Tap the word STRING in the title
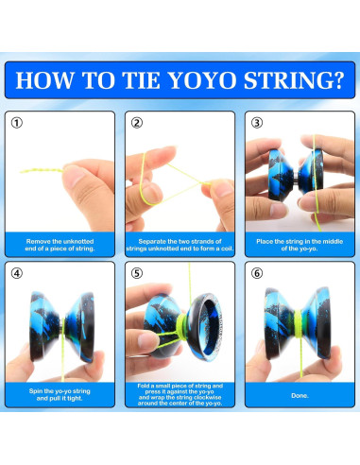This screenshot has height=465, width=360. click(x=286, y=80)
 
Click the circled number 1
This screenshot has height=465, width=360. click(x=17, y=123)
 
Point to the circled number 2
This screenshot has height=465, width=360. click(x=137, y=123)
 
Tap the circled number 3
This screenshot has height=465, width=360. click(x=257, y=123)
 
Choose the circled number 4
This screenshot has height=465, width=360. click(x=17, y=273)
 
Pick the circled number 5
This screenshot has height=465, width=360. click(x=137, y=273)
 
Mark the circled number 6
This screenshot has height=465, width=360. click(x=257, y=273)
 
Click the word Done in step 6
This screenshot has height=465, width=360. click(x=299, y=395)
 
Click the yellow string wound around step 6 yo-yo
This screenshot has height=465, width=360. click(x=298, y=324)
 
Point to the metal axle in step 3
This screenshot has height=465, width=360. click(x=296, y=181)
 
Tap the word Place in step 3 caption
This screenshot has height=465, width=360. click(x=265, y=242)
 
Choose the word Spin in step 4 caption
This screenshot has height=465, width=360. click(x=36, y=391)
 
